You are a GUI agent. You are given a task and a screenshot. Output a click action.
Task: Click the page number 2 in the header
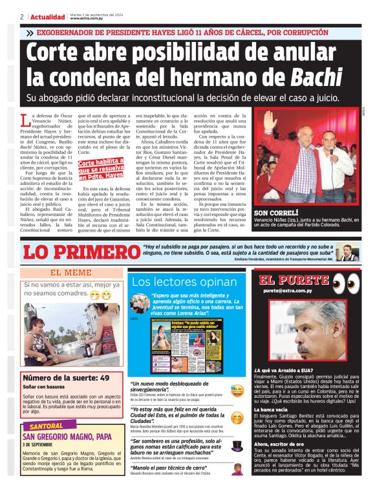22,17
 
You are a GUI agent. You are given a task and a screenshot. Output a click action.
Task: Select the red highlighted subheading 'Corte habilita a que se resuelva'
102,166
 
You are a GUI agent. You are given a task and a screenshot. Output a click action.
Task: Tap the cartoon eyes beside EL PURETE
346,282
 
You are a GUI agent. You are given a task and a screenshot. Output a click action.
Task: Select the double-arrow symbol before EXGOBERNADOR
30,32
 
